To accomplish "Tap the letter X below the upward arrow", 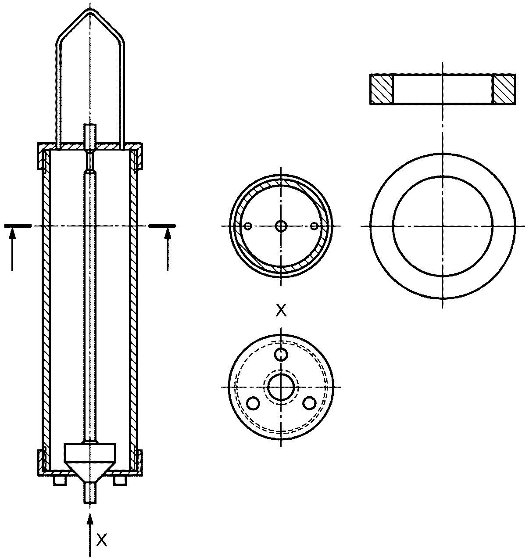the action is click(x=101, y=540).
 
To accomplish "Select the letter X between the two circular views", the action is click(x=281, y=310).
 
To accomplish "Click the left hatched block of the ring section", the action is click(x=382, y=89).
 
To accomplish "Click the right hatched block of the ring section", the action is click(x=504, y=89).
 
